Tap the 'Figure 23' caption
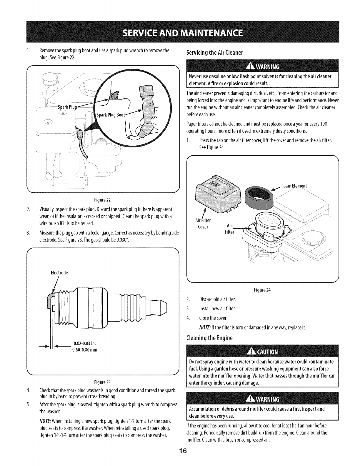point(103,382)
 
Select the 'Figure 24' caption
point(264,290)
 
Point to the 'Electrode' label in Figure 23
point(59,273)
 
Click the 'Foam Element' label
point(294,186)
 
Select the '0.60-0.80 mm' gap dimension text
point(84,350)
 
